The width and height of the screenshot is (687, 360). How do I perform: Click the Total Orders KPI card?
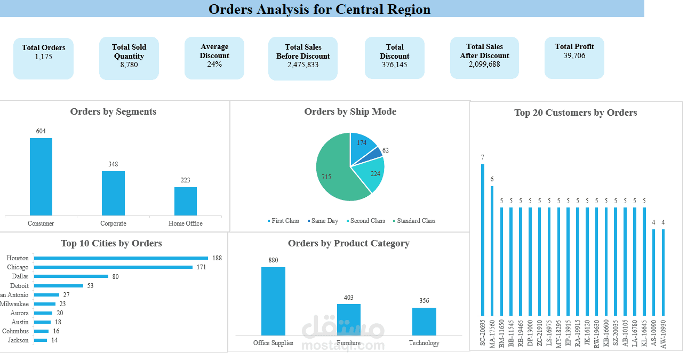[x=43, y=58]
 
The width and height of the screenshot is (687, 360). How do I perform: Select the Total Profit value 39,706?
[x=574, y=56]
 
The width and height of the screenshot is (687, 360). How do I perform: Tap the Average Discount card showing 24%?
[x=214, y=58]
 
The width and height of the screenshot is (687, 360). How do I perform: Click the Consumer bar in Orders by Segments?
[x=41, y=177]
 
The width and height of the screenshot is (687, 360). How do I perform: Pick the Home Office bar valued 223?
[x=185, y=201]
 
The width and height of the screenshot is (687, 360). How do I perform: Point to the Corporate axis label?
[x=113, y=223]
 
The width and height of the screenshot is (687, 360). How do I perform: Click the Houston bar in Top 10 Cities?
[x=121, y=258]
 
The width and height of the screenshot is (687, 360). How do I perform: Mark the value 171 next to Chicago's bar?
[x=201, y=267]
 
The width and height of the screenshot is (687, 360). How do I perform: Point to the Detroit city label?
[x=20, y=286]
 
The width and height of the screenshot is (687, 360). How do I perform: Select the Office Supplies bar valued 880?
[x=273, y=301]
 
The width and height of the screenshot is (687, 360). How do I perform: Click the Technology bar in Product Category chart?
[x=424, y=321]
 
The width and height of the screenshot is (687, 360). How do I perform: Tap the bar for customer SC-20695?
[x=483, y=239]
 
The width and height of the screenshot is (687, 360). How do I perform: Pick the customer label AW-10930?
[x=663, y=334]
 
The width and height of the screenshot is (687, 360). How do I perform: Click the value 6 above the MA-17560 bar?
[x=492, y=179]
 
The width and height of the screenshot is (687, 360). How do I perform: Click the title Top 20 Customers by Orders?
[x=576, y=113]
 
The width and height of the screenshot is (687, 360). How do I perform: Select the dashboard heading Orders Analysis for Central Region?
[x=319, y=9]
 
